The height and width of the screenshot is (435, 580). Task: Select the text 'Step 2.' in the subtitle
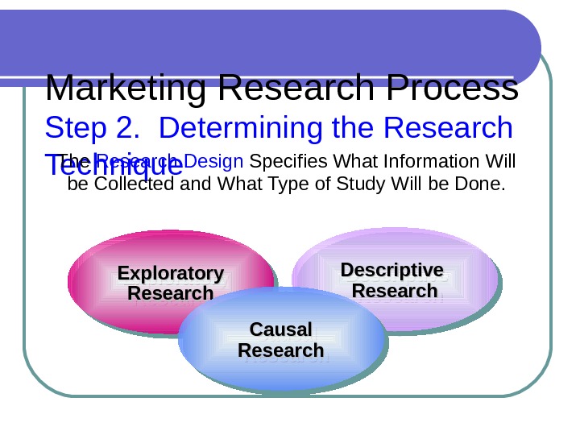coord(91,128)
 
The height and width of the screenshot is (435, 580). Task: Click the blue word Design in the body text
coord(219,163)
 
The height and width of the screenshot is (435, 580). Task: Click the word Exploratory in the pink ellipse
coord(171,273)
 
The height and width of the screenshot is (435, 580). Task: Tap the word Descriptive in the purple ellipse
coord(392,269)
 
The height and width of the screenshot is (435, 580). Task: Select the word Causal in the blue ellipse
coord(281,329)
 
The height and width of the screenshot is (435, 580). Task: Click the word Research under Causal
coord(281,350)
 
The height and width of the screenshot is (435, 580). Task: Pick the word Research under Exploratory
coord(171,293)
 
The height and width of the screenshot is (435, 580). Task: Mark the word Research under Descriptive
coord(395,290)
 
